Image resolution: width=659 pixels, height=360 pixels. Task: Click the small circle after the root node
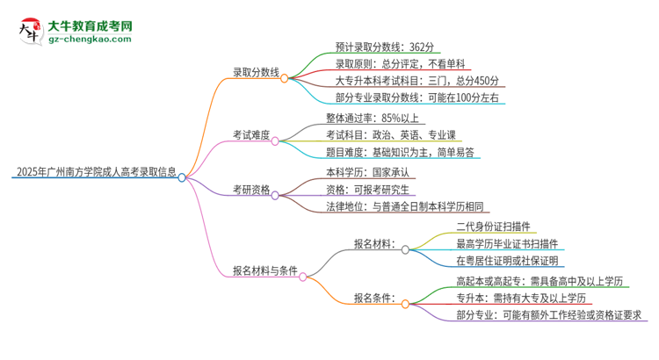pyautogui.click(x=183, y=177)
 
